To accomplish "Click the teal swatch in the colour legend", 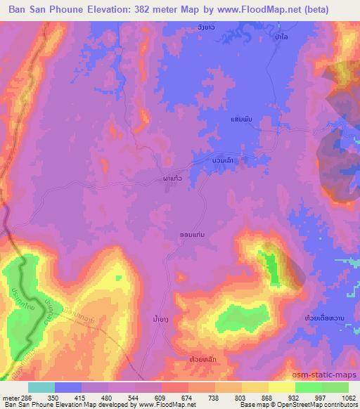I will click(41, 387).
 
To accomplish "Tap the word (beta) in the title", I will click(336, 9).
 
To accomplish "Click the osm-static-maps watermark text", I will click(327, 375).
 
